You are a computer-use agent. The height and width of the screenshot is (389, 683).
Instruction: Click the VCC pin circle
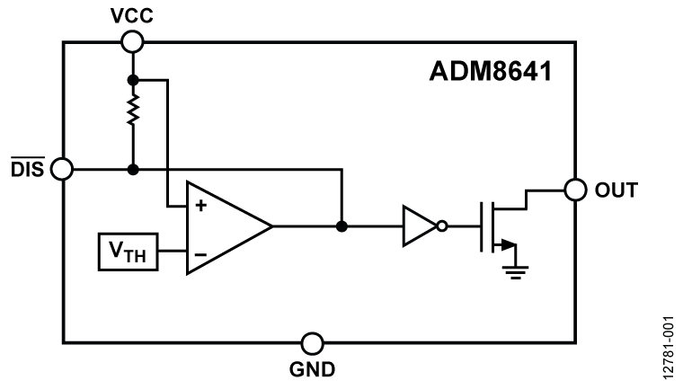tap(132, 41)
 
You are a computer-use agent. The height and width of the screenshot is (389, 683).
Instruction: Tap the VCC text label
tap(131, 14)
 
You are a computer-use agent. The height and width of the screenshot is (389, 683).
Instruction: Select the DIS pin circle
tap(62, 168)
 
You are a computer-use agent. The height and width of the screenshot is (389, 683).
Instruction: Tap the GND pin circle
tap(312, 342)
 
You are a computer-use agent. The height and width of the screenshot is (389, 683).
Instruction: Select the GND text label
tap(312, 369)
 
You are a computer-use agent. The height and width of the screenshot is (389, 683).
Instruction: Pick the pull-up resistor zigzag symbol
tap(132, 111)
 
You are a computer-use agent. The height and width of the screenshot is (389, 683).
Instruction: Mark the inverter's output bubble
tap(442, 226)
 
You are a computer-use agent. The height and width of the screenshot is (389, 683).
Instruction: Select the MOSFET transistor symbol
tap(497, 226)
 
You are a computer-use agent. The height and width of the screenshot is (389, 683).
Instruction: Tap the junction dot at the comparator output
tap(341, 226)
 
